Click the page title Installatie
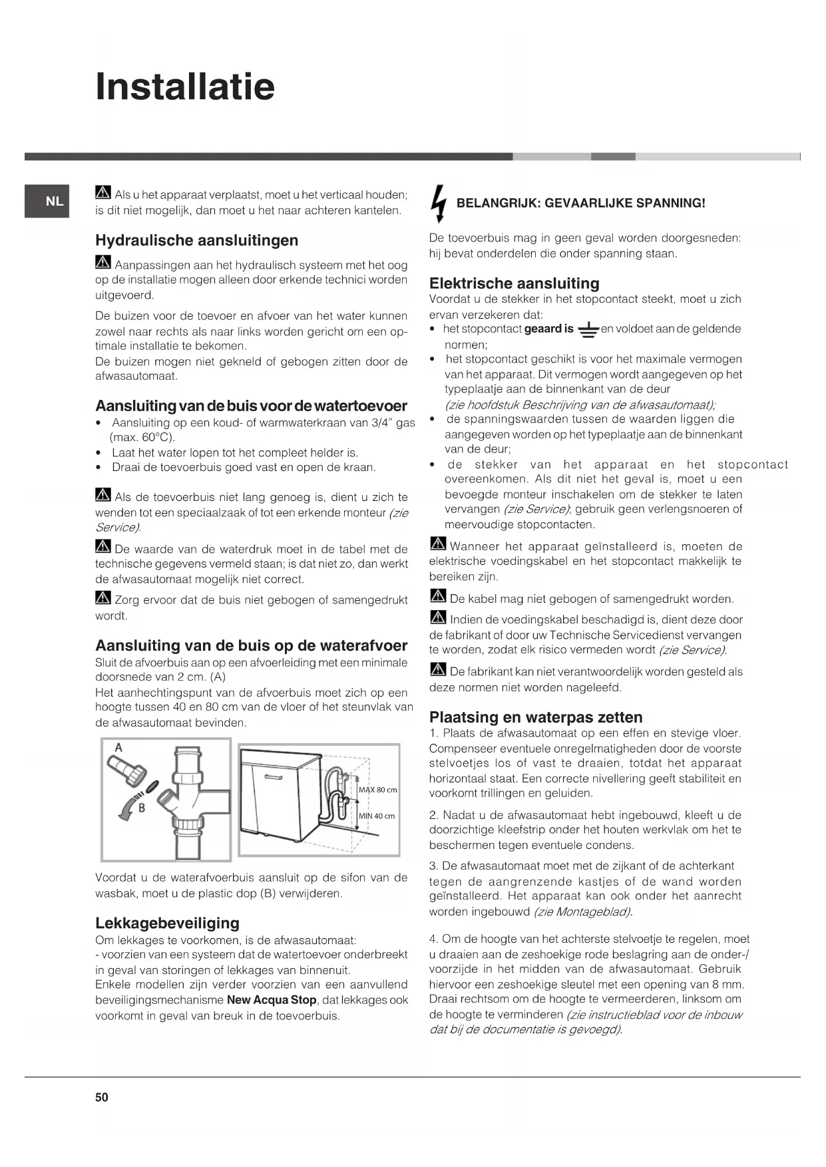(x=185, y=86)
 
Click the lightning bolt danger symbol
(x=437, y=202)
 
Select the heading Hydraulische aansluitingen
(x=196, y=240)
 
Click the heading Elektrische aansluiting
(x=514, y=283)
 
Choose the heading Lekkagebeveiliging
(x=167, y=923)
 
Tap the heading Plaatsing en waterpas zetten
(x=536, y=717)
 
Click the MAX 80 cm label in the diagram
(x=377, y=790)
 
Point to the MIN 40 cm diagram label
(x=376, y=816)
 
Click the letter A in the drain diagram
(x=118, y=748)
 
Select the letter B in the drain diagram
(x=141, y=808)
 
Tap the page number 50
(x=101, y=1097)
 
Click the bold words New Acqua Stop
(x=272, y=1000)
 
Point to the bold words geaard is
(x=548, y=329)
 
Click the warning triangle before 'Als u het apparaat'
(x=103, y=194)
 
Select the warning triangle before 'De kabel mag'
(x=437, y=597)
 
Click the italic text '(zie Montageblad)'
(x=582, y=912)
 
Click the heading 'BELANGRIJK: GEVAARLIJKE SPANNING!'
(x=580, y=203)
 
